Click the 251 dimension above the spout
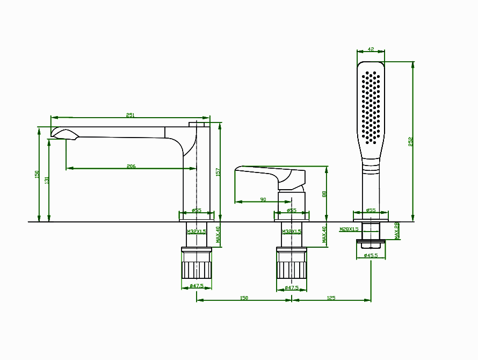tap(131, 115)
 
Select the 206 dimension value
tap(131, 167)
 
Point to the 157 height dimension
tap(218, 172)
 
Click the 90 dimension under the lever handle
tap(263, 199)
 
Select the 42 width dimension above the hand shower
tap(371, 49)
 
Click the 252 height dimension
tap(411, 141)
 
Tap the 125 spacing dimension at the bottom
tap(331, 298)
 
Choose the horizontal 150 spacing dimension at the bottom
tap(244, 298)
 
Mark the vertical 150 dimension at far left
tap(37, 175)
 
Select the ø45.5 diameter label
tap(371, 255)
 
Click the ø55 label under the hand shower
tap(371, 211)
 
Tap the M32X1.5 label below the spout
tap(196, 232)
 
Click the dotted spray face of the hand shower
tap(371, 107)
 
